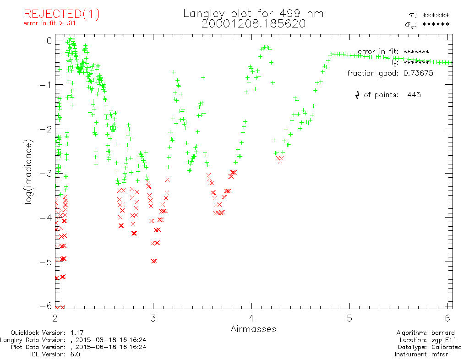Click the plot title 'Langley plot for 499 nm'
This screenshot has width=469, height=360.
253,14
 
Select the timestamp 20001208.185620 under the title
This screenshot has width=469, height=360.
253,24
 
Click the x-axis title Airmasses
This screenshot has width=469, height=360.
253,329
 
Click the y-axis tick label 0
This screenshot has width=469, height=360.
49,40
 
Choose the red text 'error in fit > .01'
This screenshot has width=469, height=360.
52,24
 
